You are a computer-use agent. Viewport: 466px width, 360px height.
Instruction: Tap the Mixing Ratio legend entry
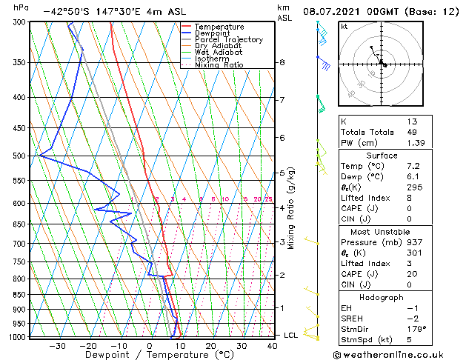[x=219, y=65]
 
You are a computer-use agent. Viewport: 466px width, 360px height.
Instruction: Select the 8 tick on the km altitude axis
[x=282, y=63]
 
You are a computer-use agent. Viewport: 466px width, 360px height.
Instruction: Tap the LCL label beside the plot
[x=291, y=336]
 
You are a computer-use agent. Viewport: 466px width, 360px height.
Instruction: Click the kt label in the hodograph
[x=344, y=27]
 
